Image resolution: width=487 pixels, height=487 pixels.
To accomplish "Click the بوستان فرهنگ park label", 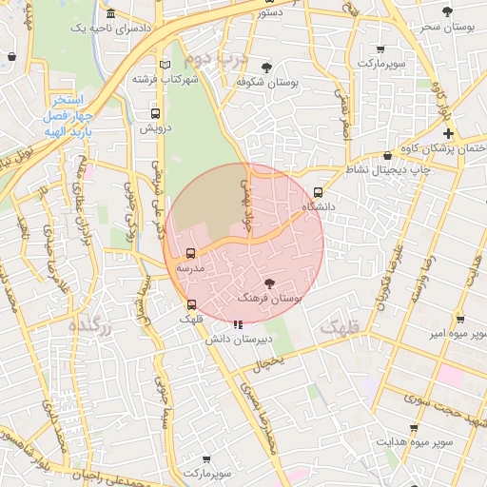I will click(x=270, y=299).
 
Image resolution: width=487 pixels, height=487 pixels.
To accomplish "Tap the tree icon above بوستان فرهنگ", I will click(x=269, y=283).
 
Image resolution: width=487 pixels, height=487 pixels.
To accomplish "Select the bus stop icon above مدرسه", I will click(x=191, y=254).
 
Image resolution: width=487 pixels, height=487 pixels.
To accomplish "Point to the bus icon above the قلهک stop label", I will click(x=192, y=305).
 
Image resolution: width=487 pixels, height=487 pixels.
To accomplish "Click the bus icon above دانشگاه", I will click(x=318, y=191).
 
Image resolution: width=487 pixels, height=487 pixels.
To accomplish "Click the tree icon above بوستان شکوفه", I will click(x=265, y=68).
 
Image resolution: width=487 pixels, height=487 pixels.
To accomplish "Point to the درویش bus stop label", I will click(x=154, y=127).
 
